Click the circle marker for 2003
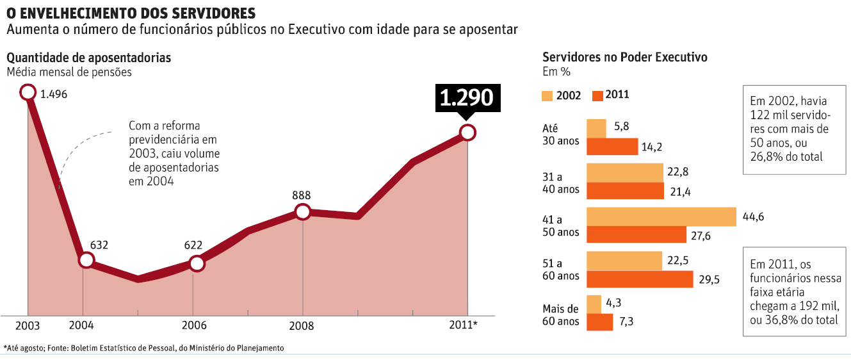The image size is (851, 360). click(x=28, y=93)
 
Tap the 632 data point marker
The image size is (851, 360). click(x=86, y=260)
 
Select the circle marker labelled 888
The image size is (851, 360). click(x=303, y=212)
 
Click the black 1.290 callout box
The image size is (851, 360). click(x=466, y=97)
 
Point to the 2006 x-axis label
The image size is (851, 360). click(x=194, y=325)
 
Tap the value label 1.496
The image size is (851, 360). click(x=53, y=94)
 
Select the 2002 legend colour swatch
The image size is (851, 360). click(x=547, y=95)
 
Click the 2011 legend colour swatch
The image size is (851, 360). click(x=598, y=95)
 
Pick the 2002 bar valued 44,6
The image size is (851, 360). click(x=661, y=217)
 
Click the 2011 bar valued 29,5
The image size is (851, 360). click(x=640, y=279)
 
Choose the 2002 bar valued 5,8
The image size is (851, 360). click(x=596, y=128)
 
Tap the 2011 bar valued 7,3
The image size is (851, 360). click(x=599, y=322)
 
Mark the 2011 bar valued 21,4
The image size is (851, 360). click(x=625, y=191)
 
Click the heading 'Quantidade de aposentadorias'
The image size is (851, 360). click(x=89, y=58)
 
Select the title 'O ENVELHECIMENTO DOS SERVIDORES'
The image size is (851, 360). click(x=131, y=13)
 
